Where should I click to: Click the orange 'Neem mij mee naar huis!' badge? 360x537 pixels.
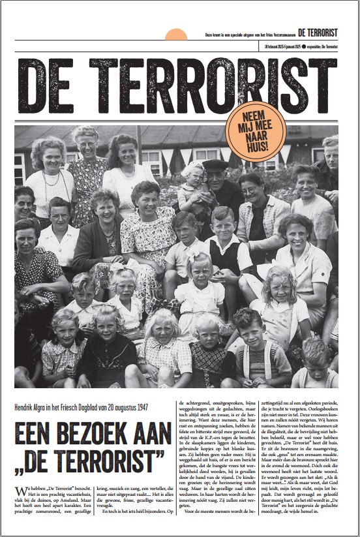click(255, 131)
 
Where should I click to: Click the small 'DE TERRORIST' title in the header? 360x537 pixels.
click(318, 32)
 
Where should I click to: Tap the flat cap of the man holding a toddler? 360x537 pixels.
click(215, 164)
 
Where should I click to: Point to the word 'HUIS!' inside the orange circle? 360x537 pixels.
click(255, 145)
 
